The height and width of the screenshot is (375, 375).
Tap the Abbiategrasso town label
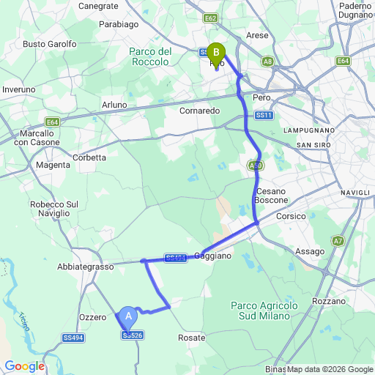pos(85,267)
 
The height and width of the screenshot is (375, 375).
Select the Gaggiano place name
pos(213,256)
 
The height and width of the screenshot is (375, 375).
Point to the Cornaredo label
pos(199,111)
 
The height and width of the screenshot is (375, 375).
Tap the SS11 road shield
pos(264,116)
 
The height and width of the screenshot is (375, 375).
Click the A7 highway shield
pos(338,240)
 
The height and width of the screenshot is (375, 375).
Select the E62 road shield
pos(211,18)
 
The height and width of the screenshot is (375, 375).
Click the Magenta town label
pos(52,166)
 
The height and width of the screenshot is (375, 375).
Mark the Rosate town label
pos(191,338)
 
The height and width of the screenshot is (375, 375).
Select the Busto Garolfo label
pos(50,44)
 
